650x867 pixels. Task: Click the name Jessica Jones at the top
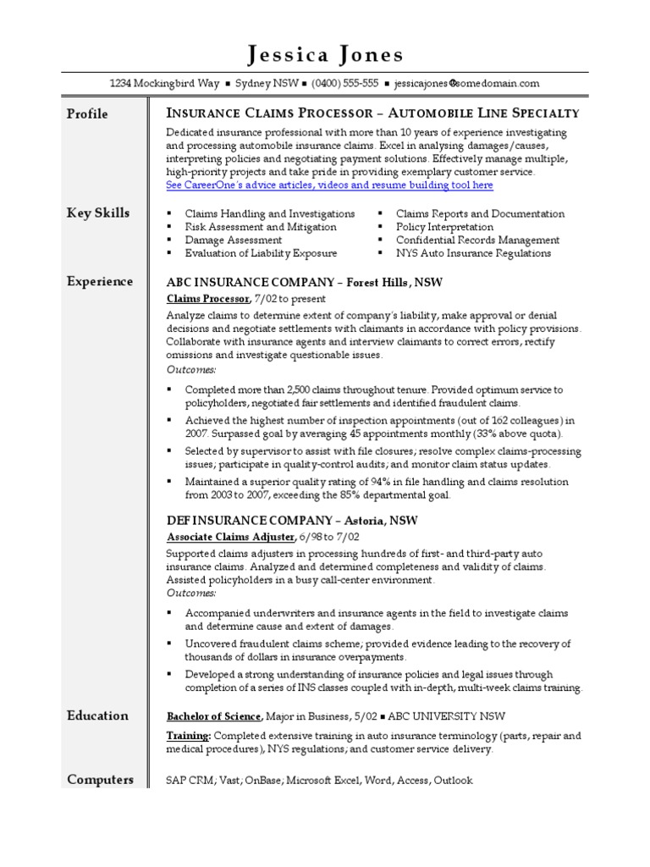click(325, 56)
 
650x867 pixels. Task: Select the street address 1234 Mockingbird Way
click(161, 84)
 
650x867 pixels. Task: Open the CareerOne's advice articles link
click(329, 185)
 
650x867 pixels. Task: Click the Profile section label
click(87, 113)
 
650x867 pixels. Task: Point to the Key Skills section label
click(98, 213)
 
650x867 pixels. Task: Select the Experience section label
click(100, 281)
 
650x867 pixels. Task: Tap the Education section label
click(97, 715)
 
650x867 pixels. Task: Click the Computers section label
click(100, 779)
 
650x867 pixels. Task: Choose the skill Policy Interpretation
click(444, 227)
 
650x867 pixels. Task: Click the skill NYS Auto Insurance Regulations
click(473, 252)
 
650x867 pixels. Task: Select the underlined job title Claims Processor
click(207, 299)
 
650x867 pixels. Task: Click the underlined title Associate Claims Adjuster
click(230, 537)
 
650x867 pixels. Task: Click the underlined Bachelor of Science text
click(213, 715)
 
